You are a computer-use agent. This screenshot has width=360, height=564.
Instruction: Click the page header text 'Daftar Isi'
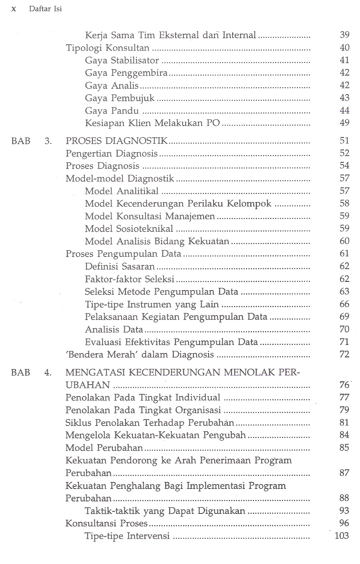(x=45, y=9)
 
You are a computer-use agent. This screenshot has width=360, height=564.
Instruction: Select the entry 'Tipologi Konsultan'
(x=108, y=48)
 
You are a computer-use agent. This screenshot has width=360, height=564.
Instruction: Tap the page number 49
(x=344, y=123)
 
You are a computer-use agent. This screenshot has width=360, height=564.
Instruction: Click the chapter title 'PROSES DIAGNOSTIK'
(x=117, y=141)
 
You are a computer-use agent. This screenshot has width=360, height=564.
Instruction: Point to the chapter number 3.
(x=48, y=141)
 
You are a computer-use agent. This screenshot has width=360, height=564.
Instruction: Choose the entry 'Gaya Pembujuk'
(x=120, y=98)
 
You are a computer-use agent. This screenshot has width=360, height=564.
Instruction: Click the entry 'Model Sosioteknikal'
(x=129, y=229)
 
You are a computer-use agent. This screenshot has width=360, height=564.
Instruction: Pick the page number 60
(x=344, y=241)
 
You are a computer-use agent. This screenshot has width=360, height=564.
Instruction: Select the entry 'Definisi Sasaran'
(x=120, y=266)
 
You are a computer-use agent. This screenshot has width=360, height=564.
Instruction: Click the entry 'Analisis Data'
(x=114, y=329)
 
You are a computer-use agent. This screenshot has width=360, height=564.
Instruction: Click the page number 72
(x=344, y=354)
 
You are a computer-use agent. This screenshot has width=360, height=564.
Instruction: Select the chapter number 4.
(x=48, y=373)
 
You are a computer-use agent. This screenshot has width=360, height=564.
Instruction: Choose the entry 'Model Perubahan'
(x=104, y=448)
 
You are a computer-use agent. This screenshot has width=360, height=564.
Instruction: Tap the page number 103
(x=342, y=536)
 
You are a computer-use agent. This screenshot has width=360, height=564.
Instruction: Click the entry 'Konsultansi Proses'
(x=107, y=523)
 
